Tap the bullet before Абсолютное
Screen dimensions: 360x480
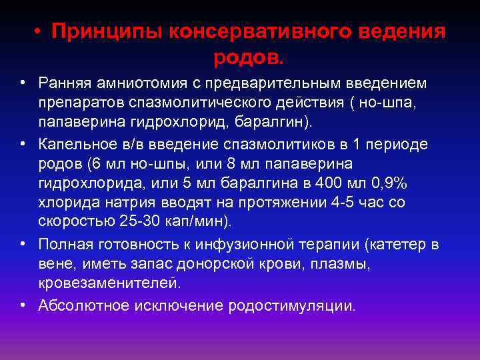pyautogui.click(x=24, y=305)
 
